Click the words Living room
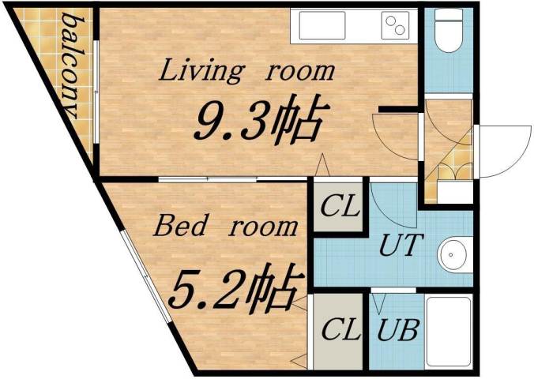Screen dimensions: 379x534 point(247,71)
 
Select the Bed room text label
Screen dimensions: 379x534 point(226,227)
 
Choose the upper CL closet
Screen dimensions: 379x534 point(340,207)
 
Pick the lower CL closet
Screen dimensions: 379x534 point(339,331)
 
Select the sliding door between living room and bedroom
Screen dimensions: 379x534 point(229,180)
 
